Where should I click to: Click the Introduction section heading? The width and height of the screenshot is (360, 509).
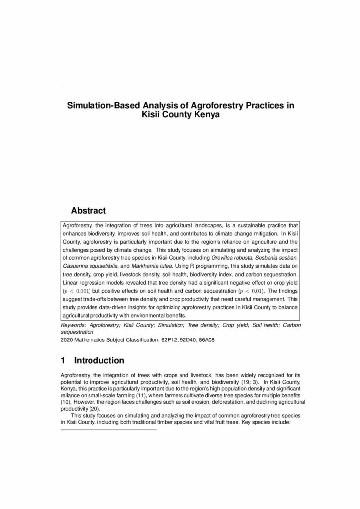coord(99,360)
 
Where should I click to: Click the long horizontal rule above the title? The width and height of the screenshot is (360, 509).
coord(180,85)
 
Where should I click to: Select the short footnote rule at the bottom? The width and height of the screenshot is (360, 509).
coord(108,429)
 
